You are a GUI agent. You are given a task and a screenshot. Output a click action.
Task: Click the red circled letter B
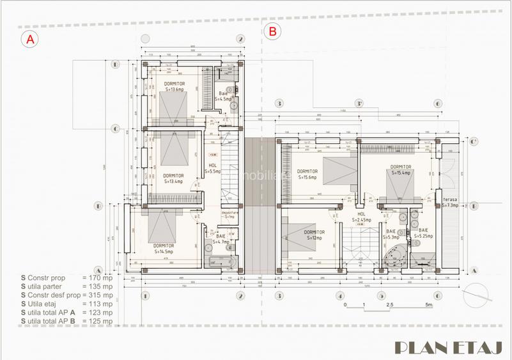tap(272, 30)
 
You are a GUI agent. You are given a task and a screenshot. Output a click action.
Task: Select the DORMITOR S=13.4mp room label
tap(173, 178)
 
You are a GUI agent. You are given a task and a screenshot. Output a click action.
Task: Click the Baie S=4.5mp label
tap(223, 97)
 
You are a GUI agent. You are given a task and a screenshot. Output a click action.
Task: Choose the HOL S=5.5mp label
tap(213, 169)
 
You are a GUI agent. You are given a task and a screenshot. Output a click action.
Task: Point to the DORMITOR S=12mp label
tap(314, 235)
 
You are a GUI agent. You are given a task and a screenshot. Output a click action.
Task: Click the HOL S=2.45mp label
tap(362, 217)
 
